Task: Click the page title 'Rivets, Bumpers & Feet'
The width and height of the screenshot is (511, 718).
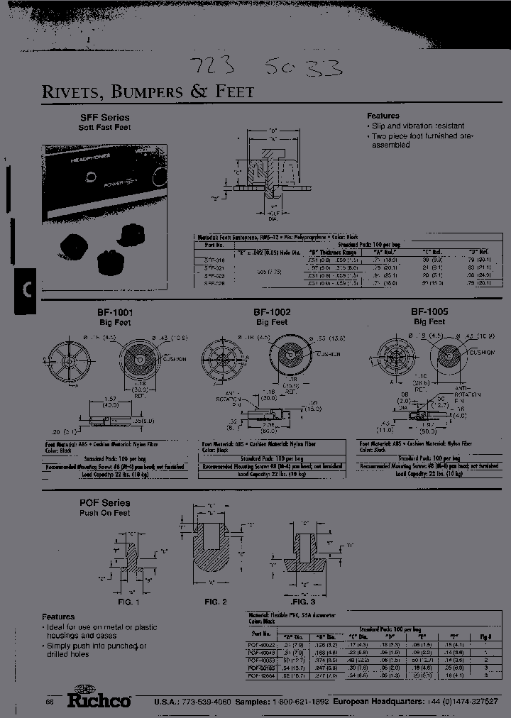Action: coord(148,92)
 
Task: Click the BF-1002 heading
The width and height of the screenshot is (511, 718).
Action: coord(272,311)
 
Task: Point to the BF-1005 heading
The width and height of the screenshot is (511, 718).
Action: coord(429,311)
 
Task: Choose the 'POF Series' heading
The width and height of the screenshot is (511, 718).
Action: coord(104,502)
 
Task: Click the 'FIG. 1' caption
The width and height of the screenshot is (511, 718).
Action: coord(128,602)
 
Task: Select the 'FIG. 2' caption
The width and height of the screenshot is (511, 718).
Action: coord(216,602)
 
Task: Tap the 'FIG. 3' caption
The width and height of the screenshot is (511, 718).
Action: coord(304,602)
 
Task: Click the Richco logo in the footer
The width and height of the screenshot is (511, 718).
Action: coord(98,699)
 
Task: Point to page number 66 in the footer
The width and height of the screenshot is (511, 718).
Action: coord(50,702)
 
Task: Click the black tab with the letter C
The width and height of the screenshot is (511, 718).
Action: coord(25,289)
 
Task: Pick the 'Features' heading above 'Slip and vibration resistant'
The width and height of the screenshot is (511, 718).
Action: coord(383,116)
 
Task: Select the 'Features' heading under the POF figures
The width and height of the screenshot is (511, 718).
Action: coord(58,617)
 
